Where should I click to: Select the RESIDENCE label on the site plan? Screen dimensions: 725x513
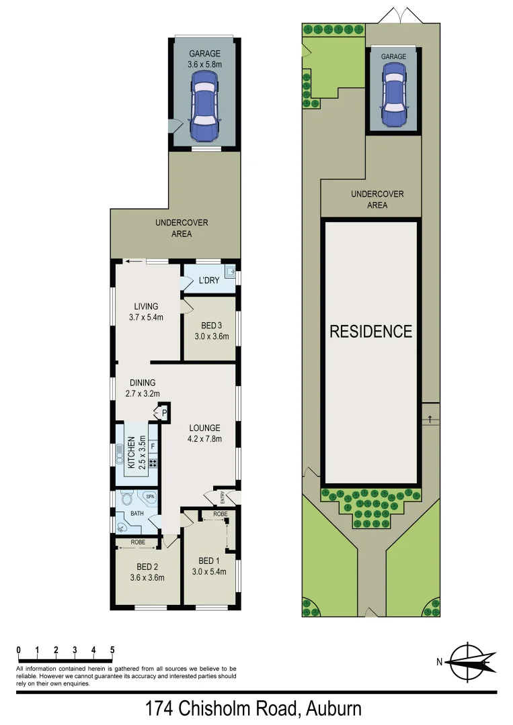click(x=370, y=331)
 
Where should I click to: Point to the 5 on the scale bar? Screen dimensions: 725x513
click(x=112, y=650)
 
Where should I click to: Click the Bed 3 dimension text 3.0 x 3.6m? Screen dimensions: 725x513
click(x=210, y=337)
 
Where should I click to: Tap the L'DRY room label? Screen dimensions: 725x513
click(x=208, y=281)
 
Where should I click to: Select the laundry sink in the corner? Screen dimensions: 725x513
click(x=230, y=273)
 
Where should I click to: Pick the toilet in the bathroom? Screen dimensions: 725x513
click(x=127, y=498)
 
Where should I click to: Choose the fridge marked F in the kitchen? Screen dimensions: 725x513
click(x=153, y=446)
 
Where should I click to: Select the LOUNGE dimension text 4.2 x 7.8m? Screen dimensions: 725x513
click(x=205, y=440)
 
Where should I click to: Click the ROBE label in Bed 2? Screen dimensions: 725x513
click(x=139, y=542)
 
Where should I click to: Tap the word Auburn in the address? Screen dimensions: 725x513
click(x=334, y=708)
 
